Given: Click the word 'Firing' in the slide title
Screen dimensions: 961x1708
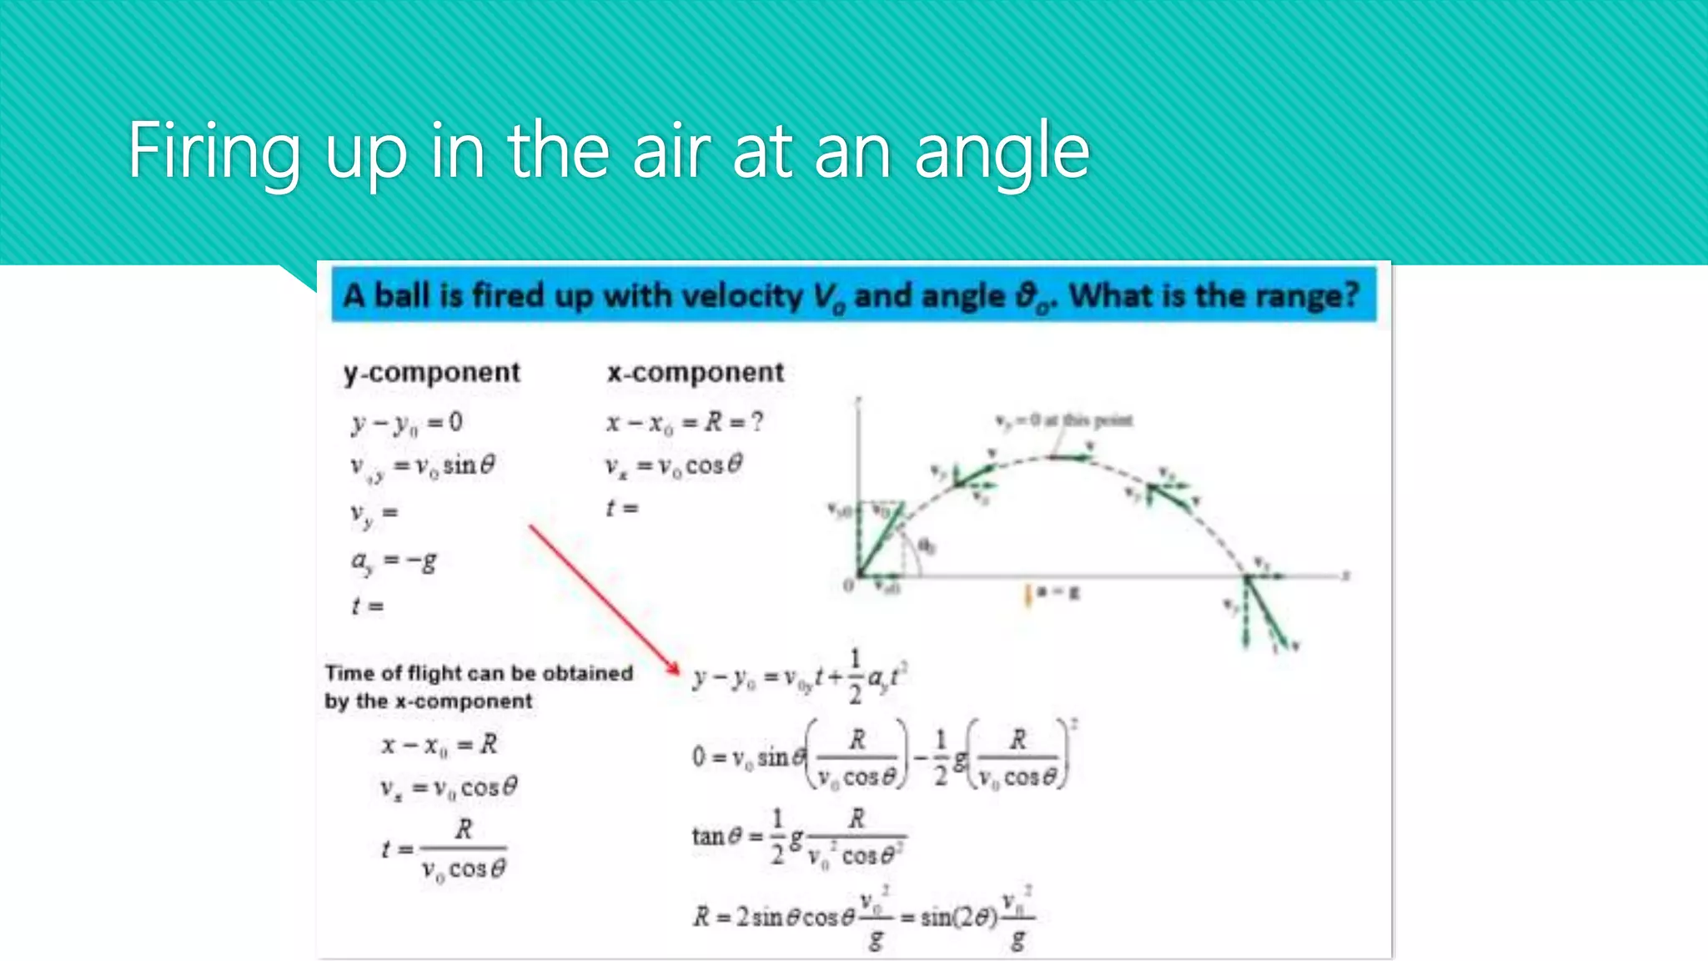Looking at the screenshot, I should [x=213, y=151].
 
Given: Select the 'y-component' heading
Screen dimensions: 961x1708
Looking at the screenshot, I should [x=431, y=373].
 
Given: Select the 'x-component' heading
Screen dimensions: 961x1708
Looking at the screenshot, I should [x=696, y=372].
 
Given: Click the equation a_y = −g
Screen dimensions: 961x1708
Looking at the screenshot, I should [x=393, y=561].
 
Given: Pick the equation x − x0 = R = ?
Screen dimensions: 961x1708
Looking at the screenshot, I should [x=684, y=422].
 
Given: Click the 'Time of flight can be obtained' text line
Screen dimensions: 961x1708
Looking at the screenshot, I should [x=479, y=672].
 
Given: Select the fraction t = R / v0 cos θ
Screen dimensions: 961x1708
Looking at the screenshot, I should [x=444, y=849].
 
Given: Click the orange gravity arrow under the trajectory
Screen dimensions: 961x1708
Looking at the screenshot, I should [x=1028, y=595].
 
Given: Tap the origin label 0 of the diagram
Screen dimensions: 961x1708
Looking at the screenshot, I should [x=848, y=586].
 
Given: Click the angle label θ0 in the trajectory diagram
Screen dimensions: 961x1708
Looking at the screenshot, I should [x=927, y=546].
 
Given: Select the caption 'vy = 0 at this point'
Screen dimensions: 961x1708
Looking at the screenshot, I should [x=1064, y=420].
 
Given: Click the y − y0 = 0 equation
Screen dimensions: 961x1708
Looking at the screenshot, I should [x=406, y=423].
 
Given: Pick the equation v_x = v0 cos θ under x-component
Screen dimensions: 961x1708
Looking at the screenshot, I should [x=673, y=465].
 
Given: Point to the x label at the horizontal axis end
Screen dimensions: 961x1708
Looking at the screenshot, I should [x=1345, y=575].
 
